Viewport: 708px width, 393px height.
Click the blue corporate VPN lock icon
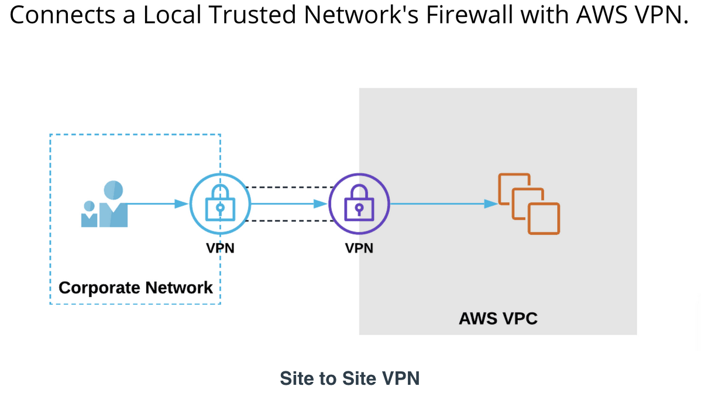(220, 204)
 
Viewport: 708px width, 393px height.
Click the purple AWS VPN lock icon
(359, 204)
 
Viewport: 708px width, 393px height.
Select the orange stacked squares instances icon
(528, 204)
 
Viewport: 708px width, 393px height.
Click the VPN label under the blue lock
(220, 248)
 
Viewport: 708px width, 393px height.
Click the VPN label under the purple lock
(359, 248)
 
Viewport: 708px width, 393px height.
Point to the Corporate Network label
(136, 288)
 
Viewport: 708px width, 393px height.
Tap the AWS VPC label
(498, 319)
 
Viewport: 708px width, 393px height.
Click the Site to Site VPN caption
(350, 378)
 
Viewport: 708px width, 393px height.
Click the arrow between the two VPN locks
(288, 204)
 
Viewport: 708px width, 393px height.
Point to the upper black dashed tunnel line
(288, 187)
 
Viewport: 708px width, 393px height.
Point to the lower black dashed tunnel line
(288, 221)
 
